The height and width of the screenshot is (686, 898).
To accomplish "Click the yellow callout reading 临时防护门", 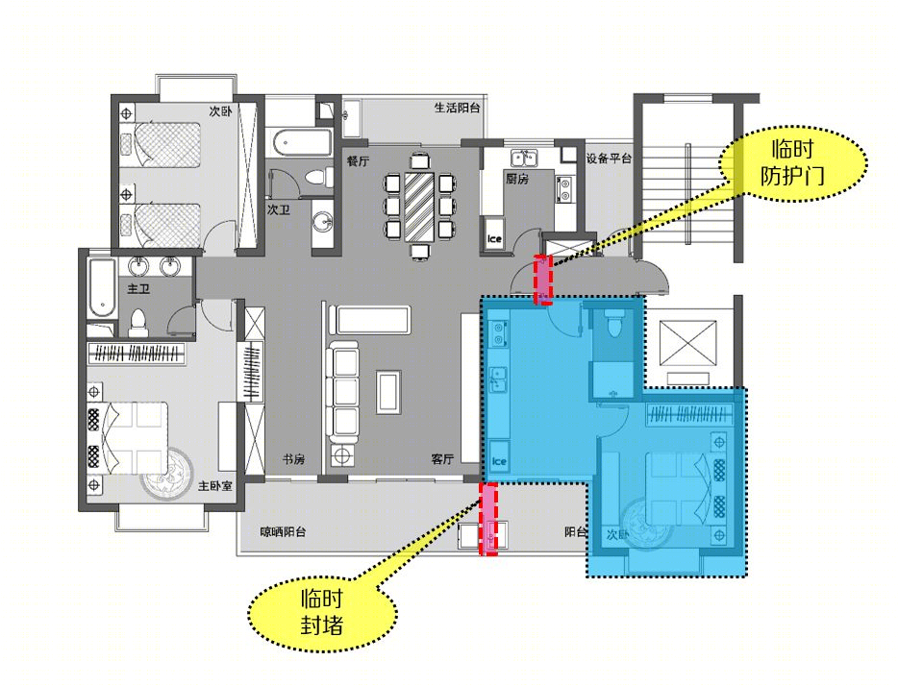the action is click(792, 163).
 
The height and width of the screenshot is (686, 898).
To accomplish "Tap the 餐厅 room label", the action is click(358, 161).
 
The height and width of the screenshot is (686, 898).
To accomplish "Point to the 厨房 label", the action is click(516, 179).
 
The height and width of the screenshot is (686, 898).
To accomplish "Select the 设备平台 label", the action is click(609, 159).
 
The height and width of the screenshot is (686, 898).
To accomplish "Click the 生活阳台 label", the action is click(457, 108).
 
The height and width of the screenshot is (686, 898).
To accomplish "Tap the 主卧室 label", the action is click(215, 486).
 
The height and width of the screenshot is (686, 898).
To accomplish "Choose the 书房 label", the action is click(293, 459).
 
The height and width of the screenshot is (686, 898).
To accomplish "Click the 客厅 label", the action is click(442, 459).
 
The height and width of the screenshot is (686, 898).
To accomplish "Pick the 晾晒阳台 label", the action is click(283, 531).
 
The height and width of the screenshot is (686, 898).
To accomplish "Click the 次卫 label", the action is click(278, 210).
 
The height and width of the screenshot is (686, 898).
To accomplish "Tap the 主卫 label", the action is click(138, 288).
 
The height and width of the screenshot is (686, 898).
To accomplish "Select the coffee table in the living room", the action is click(388, 392).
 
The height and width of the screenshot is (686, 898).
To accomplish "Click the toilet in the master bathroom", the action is click(138, 323).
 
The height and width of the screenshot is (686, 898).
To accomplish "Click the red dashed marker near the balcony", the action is click(488, 519).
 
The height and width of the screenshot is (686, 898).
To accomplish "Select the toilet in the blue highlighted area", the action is click(612, 324).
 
